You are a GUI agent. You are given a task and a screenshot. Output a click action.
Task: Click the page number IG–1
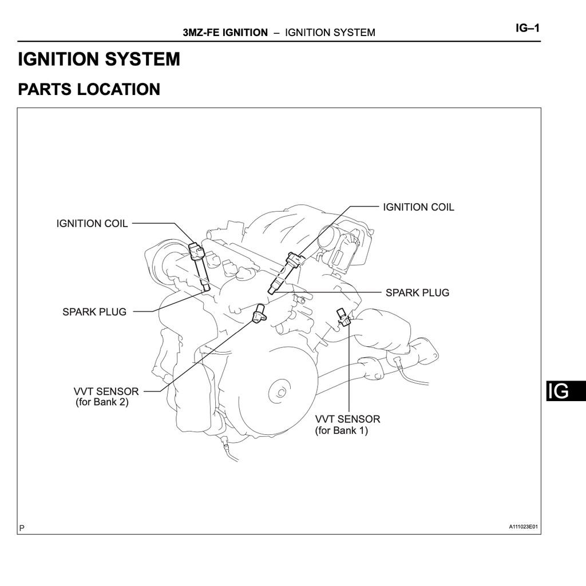(x=528, y=28)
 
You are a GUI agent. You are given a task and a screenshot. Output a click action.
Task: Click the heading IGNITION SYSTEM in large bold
(x=99, y=60)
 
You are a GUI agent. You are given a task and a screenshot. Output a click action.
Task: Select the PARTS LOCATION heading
(x=89, y=90)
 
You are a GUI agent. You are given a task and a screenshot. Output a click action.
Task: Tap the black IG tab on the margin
(x=565, y=391)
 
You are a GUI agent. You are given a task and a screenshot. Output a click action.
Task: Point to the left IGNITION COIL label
(x=92, y=224)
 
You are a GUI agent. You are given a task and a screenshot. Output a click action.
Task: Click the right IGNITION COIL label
(x=418, y=207)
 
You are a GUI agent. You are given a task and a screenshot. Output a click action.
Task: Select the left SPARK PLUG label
(x=94, y=312)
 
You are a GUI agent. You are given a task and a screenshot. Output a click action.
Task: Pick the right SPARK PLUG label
(x=417, y=293)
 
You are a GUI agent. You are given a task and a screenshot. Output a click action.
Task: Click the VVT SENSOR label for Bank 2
(x=106, y=392)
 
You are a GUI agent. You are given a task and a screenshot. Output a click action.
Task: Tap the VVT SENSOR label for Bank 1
(x=347, y=419)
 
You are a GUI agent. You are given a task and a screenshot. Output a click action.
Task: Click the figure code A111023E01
(x=524, y=527)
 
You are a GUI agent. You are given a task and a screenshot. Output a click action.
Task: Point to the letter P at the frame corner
(x=22, y=528)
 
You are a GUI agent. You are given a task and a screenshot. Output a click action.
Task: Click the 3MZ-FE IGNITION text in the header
(x=225, y=33)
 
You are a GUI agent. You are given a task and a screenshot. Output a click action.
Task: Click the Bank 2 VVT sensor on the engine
(x=260, y=313)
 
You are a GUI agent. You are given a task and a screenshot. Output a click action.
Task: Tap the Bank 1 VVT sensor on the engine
(x=343, y=318)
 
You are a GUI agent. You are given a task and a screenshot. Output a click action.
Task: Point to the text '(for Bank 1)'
(x=341, y=430)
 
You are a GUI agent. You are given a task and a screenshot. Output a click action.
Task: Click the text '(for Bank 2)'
(x=102, y=402)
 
